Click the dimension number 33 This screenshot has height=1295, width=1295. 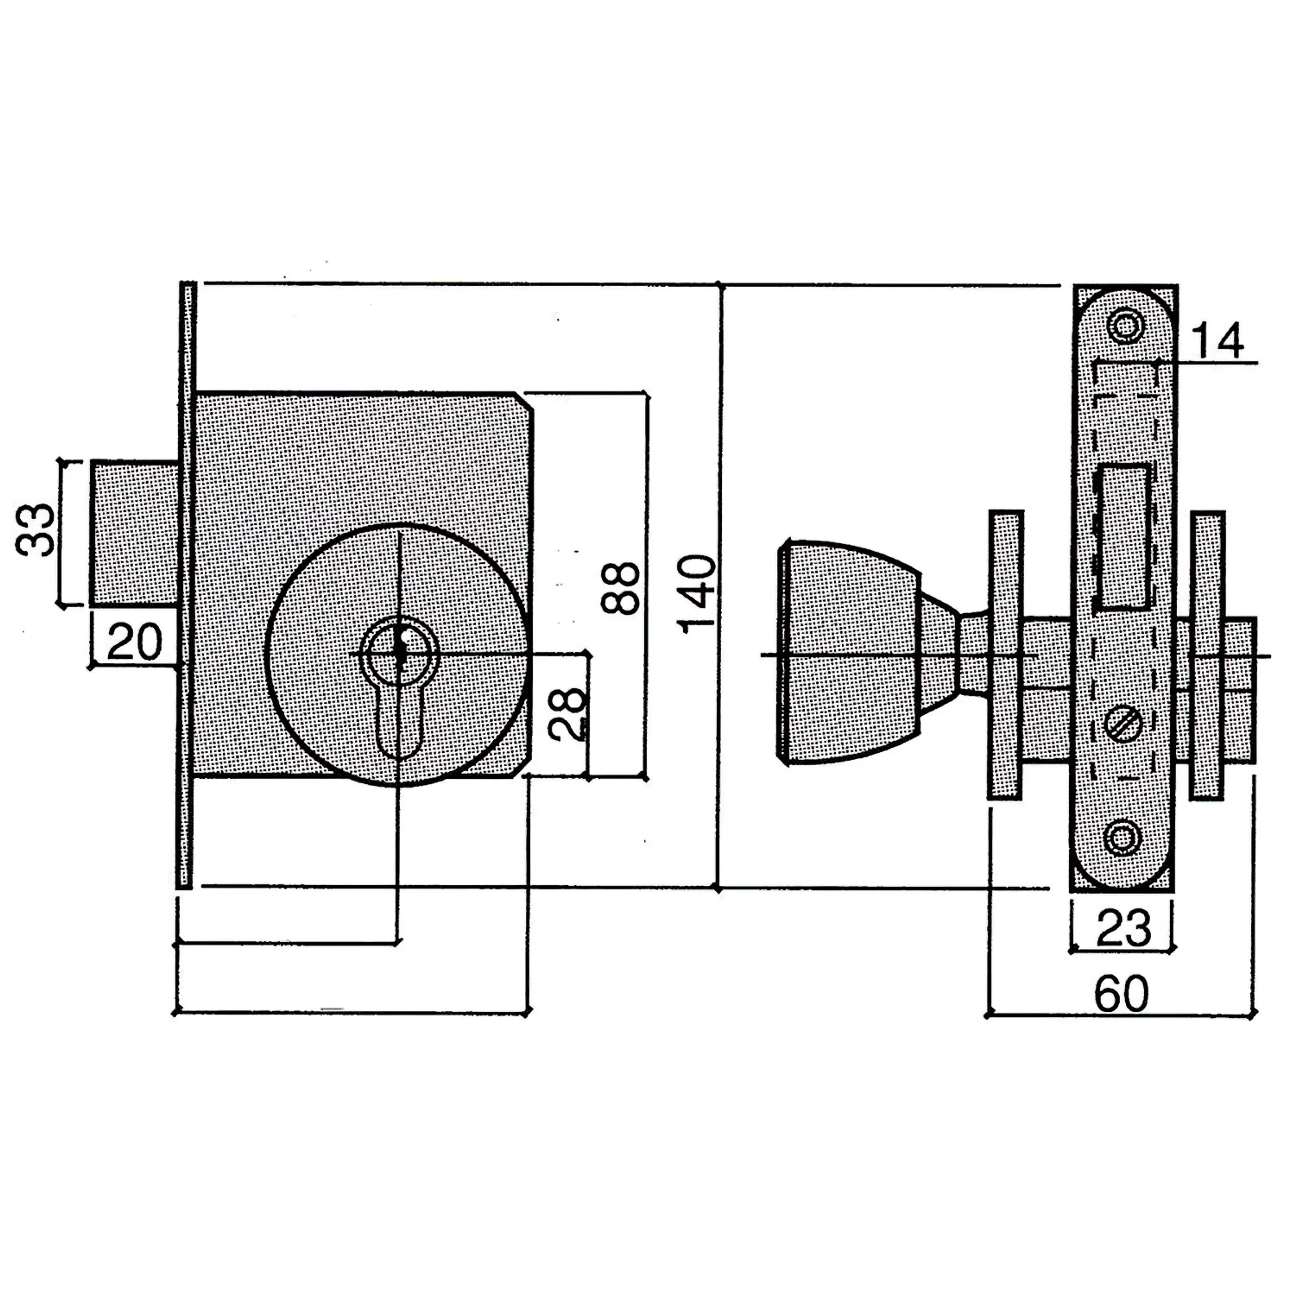pyautogui.click(x=35, y=529)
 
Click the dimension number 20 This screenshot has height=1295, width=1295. pyautogui.click(x=134, y=641)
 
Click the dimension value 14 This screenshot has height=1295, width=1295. pyautogui.click(x=1216, y=341)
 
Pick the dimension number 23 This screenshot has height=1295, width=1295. pyautogui.click(x=1123, y=928)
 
